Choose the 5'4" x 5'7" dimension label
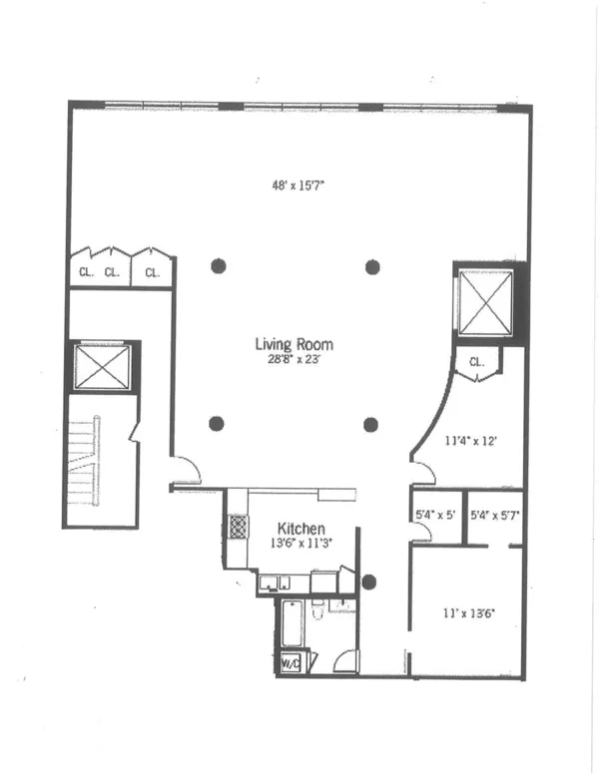[x=496, y=517]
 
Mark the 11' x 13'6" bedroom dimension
[x=469, y=614]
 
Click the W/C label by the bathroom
[x=291, y=662]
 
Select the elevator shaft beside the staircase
[x=102, y=366]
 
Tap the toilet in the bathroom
[x=318, y=610]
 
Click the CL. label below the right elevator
[x=475, y=363]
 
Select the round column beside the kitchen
[x=370, y=581]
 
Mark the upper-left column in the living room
[x=218, y=266]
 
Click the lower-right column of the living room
[x=371, y=424]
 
